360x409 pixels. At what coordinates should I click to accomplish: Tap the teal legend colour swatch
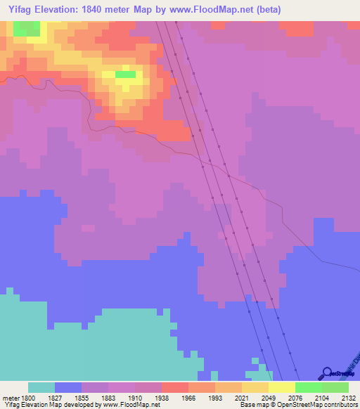(x=41, y=387)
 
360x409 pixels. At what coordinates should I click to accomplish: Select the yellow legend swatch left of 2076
(x=282, y=387)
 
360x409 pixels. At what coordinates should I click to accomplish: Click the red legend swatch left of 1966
(x=175, y=387)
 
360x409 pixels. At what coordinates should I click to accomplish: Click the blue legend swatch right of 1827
(x=68, y=387)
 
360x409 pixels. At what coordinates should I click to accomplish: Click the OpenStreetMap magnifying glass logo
(x=326, y=373)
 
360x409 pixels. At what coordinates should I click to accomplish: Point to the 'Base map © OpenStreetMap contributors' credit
(x=299, y=405)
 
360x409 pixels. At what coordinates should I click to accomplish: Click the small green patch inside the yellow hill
(x=125, y=74)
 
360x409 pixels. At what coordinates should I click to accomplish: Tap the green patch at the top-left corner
(x=27, y=28)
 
